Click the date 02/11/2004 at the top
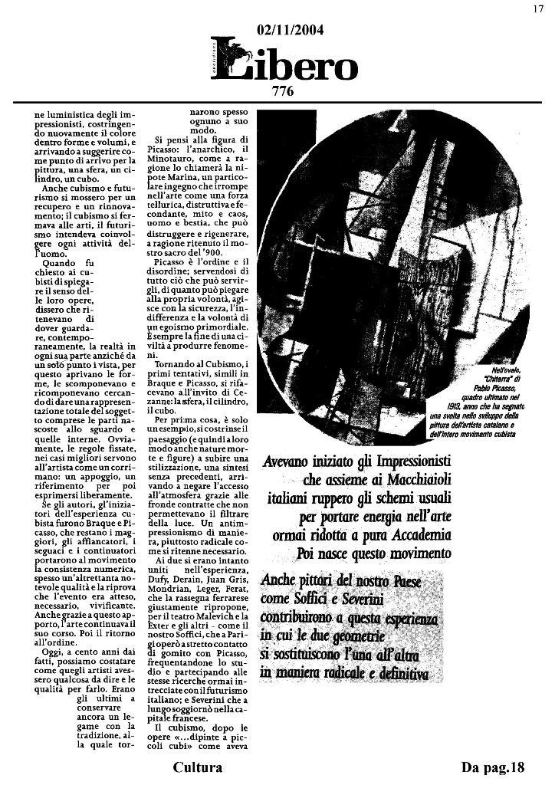[x=291, y=31]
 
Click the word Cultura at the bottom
[x=198, y=767]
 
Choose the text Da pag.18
[x=492, y=767]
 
